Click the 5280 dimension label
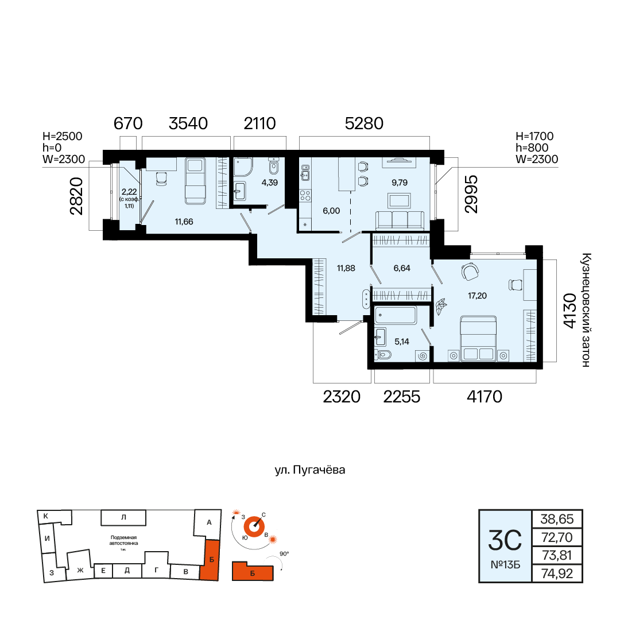tap(364, 123)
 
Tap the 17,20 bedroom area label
tap(477, 296)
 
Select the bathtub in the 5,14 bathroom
tap(396, 316)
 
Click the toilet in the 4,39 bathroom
tap(274, 166)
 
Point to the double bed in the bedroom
tap(478, 338)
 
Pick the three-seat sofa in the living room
tap(400, 220)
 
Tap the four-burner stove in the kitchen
tap(305, 195)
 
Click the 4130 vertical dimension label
tap(569, 311)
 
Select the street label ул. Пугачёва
tap(310, 470)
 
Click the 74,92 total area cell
tap(557, 573)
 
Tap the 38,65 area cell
tap(557, 519)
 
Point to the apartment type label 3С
tap(505, 541)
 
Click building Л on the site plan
tap(123, 517)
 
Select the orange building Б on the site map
tap(210, 560)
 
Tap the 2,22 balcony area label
tap(129, 192)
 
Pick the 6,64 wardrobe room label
tap(402, 268)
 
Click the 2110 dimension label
tap(260, 123)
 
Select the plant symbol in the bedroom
tap(441, 307)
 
